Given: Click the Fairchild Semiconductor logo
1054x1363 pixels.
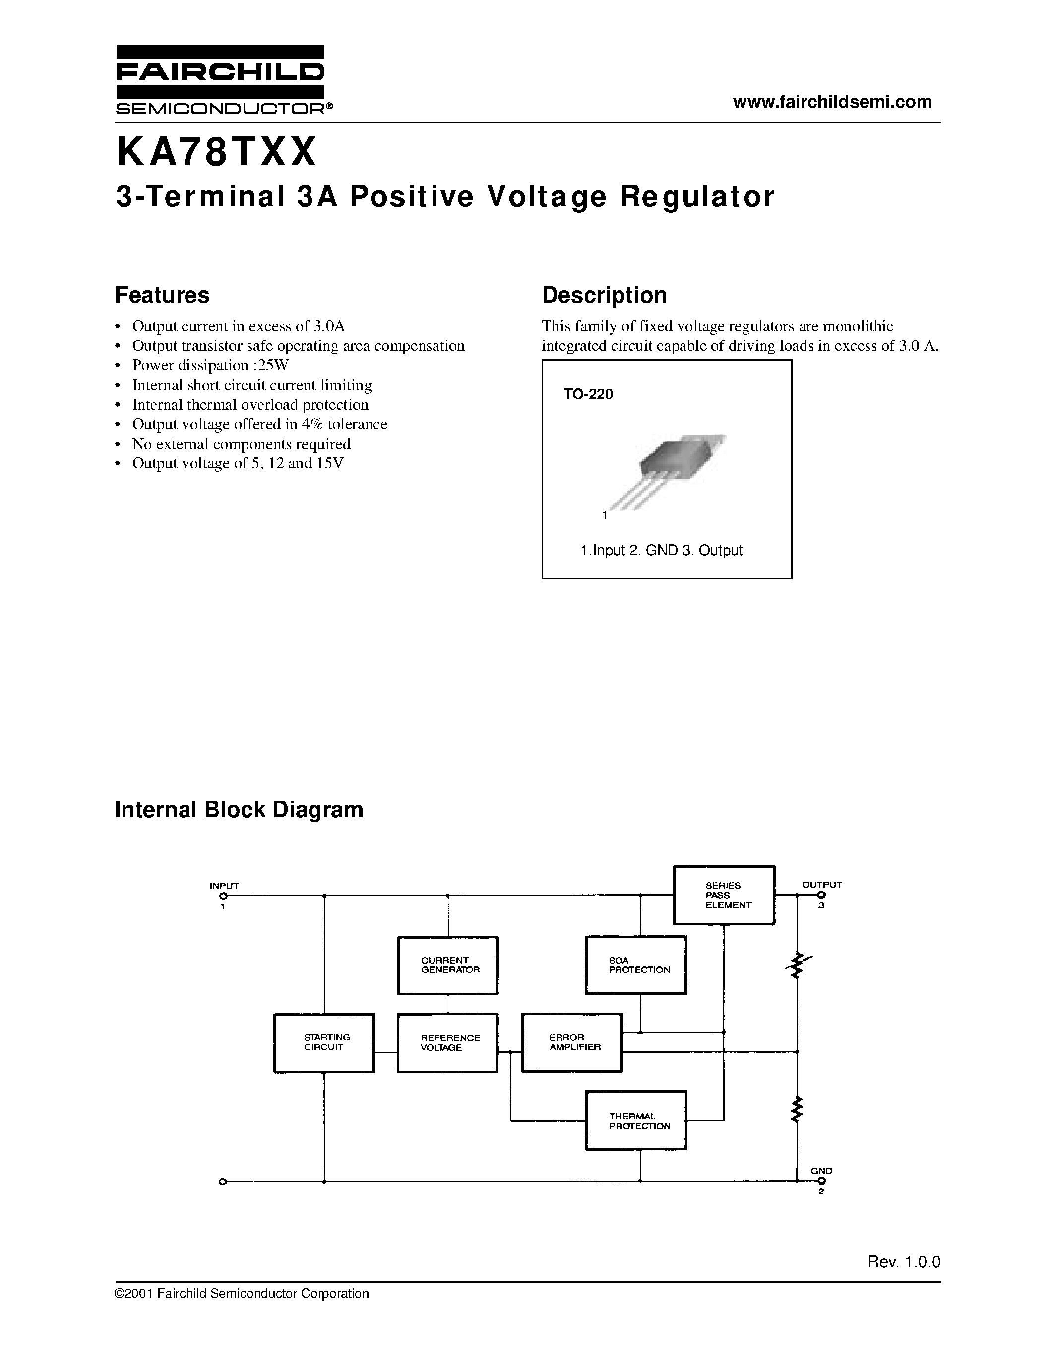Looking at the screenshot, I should click(220, 80).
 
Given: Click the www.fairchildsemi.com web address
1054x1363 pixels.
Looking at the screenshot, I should click(832, 102).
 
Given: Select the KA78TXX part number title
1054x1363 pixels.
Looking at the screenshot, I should click(217, 153).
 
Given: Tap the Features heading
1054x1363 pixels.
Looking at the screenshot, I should click(162, 295).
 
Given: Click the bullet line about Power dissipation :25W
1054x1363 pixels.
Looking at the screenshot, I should click(210, 366).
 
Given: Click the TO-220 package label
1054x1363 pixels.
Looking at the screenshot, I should click(588, 395).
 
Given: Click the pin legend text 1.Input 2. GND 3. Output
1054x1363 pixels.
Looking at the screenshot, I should click(661, 551).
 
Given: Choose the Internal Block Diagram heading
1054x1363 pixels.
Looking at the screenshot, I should click(239, 810).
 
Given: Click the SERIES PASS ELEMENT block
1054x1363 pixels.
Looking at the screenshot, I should click(724, 895).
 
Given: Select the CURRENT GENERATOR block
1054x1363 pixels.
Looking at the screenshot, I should click(448, 965).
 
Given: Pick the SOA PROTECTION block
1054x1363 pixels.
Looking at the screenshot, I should click(636, 965).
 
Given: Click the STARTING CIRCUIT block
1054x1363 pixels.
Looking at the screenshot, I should click(324, 1042).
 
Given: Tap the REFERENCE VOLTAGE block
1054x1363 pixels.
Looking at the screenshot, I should click(448, 1042).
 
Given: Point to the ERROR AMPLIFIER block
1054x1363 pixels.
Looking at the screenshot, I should click(572, 1042).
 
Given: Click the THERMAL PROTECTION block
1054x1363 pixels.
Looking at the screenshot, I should click(636, 1121).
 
